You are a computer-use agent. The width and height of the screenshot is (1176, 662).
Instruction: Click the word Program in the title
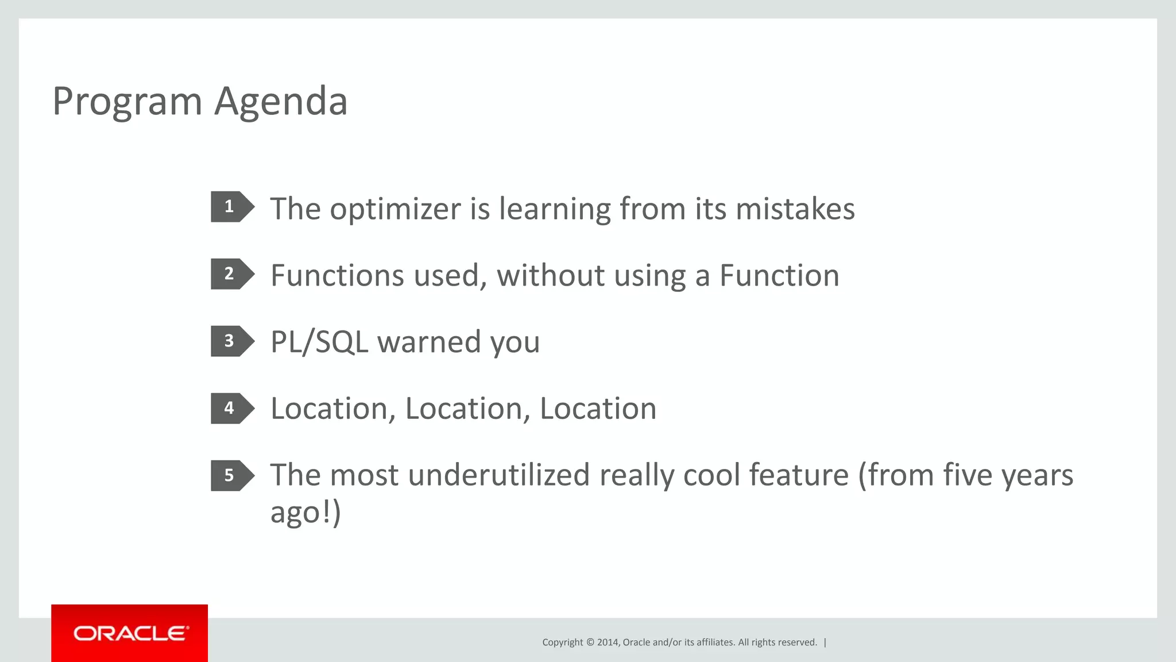pos(127,102)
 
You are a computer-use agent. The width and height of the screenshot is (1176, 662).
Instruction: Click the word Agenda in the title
pos(281,102)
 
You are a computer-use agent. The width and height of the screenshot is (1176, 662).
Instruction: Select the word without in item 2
pos(550,276)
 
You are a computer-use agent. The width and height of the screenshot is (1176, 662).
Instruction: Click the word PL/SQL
pos(319,342)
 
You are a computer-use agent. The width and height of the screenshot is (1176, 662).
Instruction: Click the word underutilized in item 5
pos(498,476)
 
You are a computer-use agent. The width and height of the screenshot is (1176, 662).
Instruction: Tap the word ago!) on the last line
pos(305,513)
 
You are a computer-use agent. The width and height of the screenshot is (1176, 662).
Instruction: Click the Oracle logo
pos(130,633)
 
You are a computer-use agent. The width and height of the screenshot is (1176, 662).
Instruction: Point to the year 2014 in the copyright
pos(608,642)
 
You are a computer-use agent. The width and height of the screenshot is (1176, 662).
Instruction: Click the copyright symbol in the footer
pos(590,642)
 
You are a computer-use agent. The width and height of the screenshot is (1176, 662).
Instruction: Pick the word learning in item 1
pos(555,209)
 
